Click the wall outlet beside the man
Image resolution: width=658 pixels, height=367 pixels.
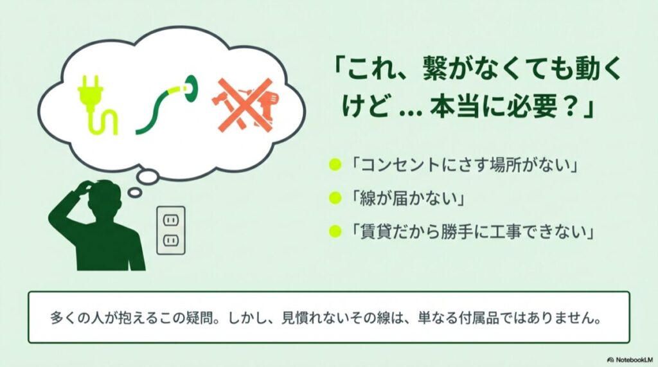pos(170,229)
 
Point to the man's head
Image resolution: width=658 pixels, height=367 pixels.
pos(103,195)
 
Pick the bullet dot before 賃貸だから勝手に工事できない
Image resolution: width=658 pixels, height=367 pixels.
pos(333,230)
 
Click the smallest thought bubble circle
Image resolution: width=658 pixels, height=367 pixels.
pos(134,191)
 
